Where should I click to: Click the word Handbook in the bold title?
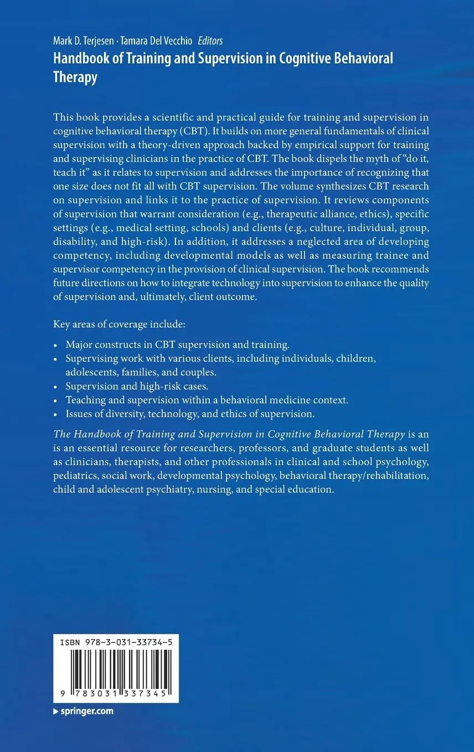[x=78, y=59]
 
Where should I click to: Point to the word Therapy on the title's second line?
[x=75, y=77]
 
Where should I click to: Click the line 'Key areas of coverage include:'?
[x=116, y=324]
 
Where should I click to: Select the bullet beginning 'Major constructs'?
[x=177, y=344]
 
